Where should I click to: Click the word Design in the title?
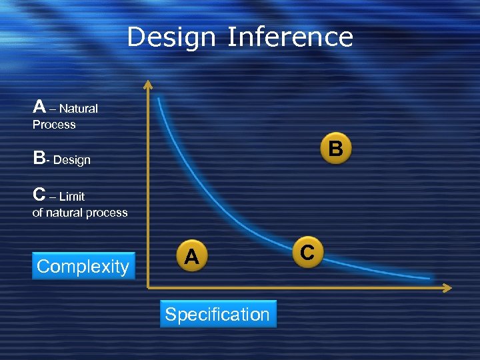(x=171, y=37)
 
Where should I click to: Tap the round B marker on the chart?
(x=336, y=149)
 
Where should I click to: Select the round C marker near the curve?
(x=307, y=252)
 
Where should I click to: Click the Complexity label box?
(x=83, y=267)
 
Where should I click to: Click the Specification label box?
(x=217, y=315)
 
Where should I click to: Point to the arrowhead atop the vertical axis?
(x=148, y=84)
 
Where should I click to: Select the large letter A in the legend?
(x=39, y=107)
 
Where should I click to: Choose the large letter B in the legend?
(x=39, y=159)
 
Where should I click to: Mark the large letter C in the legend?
(x=39, y=195)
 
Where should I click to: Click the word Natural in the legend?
(x=81, y=109)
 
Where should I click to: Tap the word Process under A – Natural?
(x=54, y=125)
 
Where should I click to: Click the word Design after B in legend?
(x=71, y=160)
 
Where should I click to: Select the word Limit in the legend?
(x=72, y=197)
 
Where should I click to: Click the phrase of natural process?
(x=80, y=213)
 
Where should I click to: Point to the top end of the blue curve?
(x=159, y=99)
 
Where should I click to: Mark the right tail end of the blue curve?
(x=428, y=277)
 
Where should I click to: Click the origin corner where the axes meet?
(x=148, y=287)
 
